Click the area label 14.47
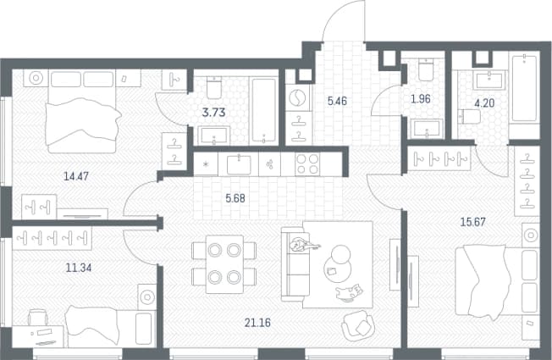click(x=76, y=176)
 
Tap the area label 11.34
click(x=79, y=268)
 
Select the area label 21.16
click(x=257, y=323)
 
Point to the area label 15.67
click(x=473, y=222)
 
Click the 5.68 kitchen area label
click(x=235, y=198)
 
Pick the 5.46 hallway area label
click(x=337, y=101)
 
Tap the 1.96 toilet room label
click(x=421, y=99)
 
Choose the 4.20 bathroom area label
click(x=484, y=103)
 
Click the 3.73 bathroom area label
click(x=213, y=113)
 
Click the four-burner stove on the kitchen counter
click(x=307, y=164)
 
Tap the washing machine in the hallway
click(x=298, y=97)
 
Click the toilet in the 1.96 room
click(x=427, y=69)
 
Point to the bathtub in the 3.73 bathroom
click(x=263, y=111)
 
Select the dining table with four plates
click(x=224, y=263)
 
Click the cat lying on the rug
click(x=349, y=292)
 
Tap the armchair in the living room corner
click(x=358, y=326)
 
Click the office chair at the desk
click(x=38, y=317)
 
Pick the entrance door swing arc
click(x=334, y=14)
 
